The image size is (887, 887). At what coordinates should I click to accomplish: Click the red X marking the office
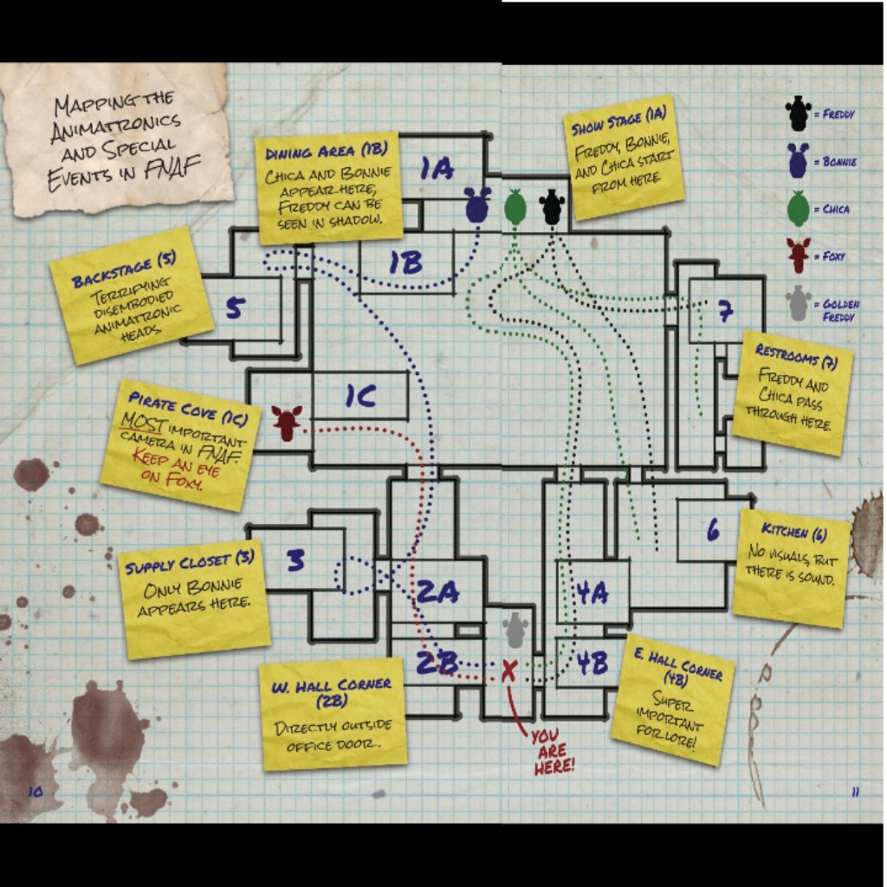[x=509, y=669]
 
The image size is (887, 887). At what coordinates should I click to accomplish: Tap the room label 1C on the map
[x=360, y=397]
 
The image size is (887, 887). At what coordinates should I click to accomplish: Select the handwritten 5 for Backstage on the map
[x=235, y=308]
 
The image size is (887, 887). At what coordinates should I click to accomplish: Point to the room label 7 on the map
[x=725, y=312]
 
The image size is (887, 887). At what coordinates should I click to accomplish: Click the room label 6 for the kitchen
[x=712, y=530]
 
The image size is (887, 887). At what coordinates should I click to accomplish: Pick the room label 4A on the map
[x=592, y=592]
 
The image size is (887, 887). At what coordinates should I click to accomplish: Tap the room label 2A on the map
[x=437, y=592]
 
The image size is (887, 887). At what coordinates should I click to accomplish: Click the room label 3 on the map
[x=296, y=560]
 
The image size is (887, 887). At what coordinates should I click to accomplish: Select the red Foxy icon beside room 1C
[x=286, y=422]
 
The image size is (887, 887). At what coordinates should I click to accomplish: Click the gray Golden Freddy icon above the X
[x=515, y=630]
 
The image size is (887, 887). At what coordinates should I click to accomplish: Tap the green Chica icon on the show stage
[x=515, y=207]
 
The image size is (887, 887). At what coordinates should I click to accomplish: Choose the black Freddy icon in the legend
[x=798, y=113]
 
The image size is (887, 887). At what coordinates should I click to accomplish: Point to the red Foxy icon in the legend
[x=798, y=256]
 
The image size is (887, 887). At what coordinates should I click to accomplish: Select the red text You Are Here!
[x=552, y=750]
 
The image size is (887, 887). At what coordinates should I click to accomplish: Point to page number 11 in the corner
[x=854, y=792]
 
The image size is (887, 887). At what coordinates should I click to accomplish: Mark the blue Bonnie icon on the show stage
[x=477, y=204]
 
